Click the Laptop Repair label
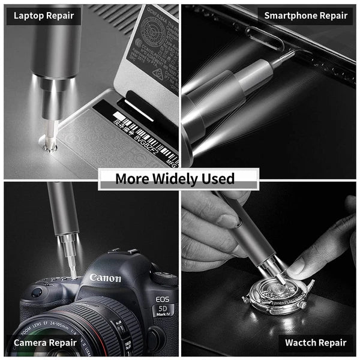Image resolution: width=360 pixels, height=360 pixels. coord(44,15)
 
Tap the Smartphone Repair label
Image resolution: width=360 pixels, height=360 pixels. coord(306,15)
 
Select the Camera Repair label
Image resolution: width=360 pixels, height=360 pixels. coord(45,343)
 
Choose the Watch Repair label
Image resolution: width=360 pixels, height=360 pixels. coord(316,343)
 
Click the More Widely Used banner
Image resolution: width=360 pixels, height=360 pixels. coord(178,179)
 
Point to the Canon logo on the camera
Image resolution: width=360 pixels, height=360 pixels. coord(106,278)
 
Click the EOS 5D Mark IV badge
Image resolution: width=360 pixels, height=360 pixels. coord(163,306)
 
